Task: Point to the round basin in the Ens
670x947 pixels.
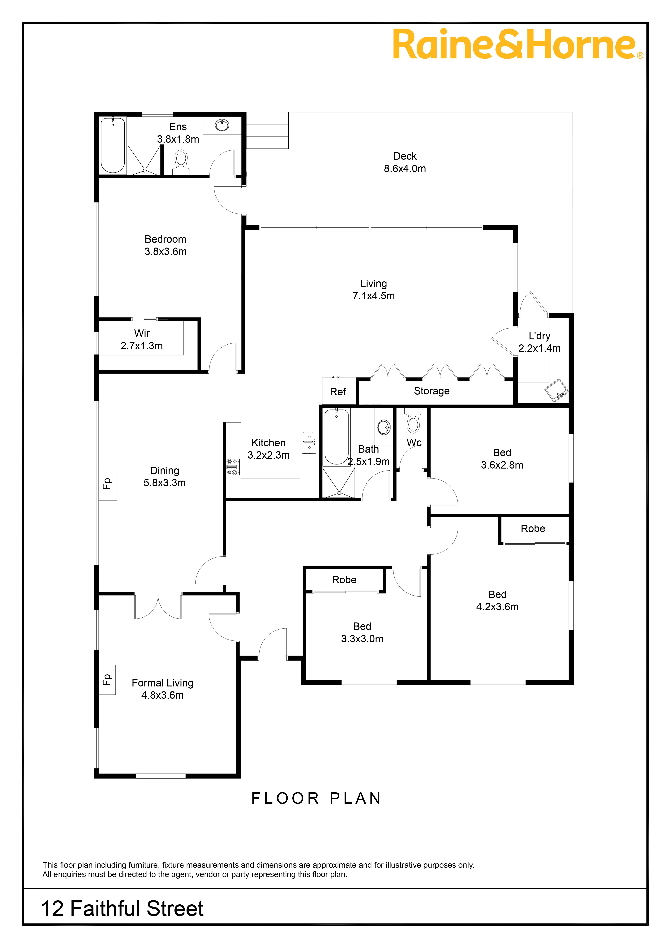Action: point(222,125)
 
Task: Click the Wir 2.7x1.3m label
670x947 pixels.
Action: point(141,339)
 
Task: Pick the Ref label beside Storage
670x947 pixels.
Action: point(338,392)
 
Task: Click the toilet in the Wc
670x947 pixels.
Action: point(413,421)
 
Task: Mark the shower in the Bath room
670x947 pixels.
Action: point(338,482)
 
